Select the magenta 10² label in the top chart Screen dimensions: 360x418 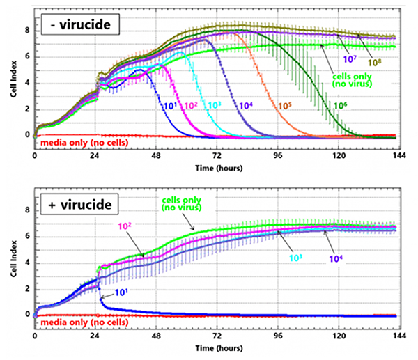tap(190, 107)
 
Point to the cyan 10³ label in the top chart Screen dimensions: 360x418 tap(214, 106)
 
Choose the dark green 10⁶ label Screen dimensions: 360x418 tap(340, 105)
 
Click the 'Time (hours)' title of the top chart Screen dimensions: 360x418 tap(214, 169)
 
